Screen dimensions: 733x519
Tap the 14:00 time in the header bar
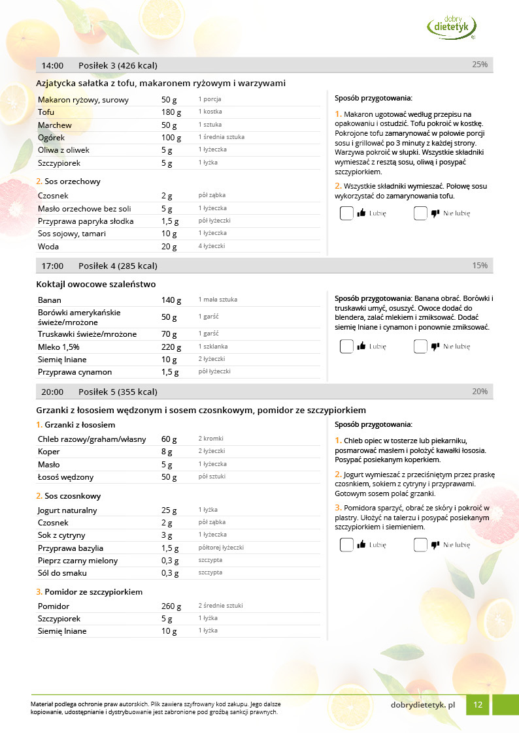pos(52,65)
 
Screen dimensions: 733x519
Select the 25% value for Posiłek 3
pos(480,65)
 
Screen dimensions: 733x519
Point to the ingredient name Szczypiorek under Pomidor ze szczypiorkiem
pos(59,618)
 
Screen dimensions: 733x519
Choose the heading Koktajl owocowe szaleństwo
pos(96,284)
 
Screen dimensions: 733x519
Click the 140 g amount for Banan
pos(171,300)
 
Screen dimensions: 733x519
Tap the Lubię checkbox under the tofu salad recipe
pos(346,213)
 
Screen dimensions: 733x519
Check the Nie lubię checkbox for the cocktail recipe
pos(420,347)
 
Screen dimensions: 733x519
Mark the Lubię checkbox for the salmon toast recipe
pos(346,544)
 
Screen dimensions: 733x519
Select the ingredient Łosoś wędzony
pos(65,477)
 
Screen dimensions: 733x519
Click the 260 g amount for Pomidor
pos(171,606)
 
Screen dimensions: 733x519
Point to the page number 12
pos(478,705)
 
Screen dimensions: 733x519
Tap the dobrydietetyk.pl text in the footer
pos(422,705)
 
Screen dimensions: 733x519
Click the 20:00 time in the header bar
pos(52,392)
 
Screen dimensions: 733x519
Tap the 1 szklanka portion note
pos(213,347)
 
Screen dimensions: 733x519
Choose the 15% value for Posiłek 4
pos(480,266)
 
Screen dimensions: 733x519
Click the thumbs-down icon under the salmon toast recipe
pos(435,544)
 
